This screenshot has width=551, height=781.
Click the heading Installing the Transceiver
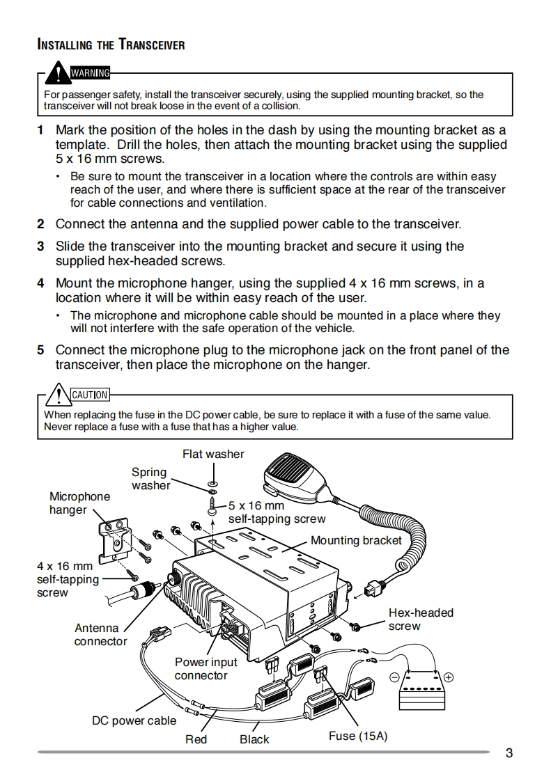[x=111, y=45]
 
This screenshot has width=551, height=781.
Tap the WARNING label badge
[x=89, y=72]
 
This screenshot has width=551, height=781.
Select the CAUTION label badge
[x=90, y=395]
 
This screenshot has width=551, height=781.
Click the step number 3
[x=40, y=246]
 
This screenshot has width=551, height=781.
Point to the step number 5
[x=40, y=350]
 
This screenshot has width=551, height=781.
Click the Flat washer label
[x=213, y=455]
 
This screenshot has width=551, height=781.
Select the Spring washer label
[x=150, y=479]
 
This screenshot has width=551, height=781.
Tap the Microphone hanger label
[x=79, y=503]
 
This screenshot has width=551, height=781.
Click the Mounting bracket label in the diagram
[x=356, y=541]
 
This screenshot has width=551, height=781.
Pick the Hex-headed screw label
[x=420, y=619]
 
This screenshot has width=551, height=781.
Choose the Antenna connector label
[x=100, y=635]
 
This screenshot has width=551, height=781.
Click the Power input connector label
[x=205, y=669]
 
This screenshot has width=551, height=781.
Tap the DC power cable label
[x=134, y=720]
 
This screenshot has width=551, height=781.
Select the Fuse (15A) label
[x=357, y=736]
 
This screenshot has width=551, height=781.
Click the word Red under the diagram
[x=196, y=739]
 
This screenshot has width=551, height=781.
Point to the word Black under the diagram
[x=254, y=739]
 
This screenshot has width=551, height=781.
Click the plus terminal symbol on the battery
[x=449, y=677]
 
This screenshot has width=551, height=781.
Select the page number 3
[x=509, y=752]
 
